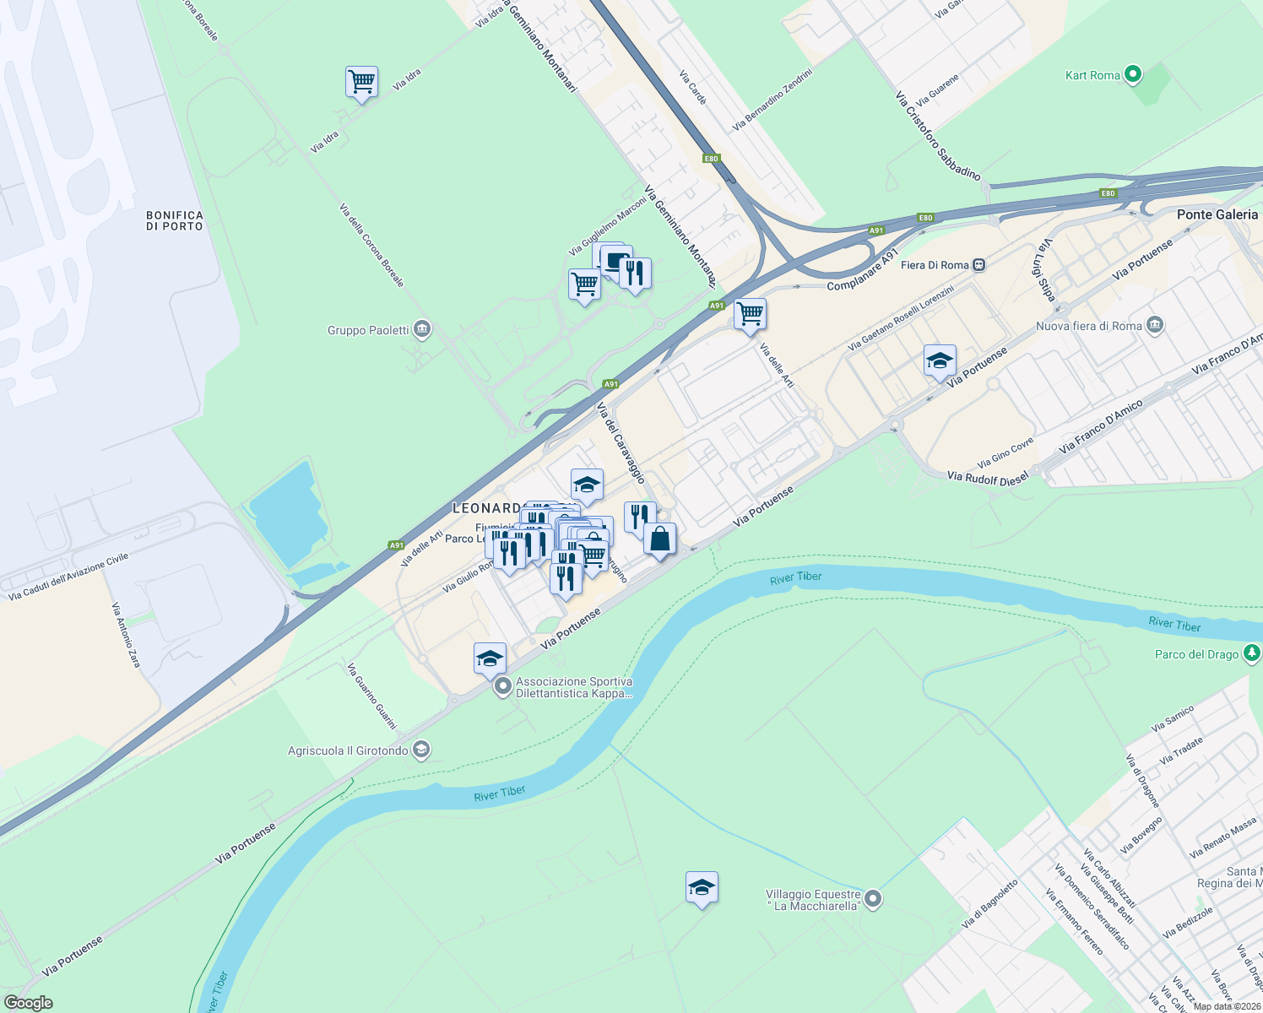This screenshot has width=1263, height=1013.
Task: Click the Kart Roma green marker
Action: pos(1133,75)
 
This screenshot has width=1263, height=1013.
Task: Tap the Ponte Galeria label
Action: pos(1217,214)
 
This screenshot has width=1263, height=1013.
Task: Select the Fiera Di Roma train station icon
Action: pos(978,265)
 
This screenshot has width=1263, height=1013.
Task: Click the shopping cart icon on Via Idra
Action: pos(361,82)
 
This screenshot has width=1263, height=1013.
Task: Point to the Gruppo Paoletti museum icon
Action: pos(422,330)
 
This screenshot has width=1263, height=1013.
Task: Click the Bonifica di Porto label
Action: pos(175,221)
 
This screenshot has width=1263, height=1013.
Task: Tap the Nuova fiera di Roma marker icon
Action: pos(1155,326)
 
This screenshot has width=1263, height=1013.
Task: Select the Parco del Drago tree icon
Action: pos(1251,653)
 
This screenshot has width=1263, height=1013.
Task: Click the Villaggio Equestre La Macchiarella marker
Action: pos(874,900)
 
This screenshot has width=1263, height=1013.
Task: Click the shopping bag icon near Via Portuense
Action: pos(659,539)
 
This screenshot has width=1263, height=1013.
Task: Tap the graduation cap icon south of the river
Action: pos(702,887)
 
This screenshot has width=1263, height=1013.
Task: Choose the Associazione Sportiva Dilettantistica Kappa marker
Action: pos(503,687)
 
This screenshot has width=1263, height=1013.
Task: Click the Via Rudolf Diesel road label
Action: pos(988,478)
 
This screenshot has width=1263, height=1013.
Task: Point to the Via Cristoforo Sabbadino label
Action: pos(938,136)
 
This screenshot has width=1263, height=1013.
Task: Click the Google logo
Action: pos(29,1002)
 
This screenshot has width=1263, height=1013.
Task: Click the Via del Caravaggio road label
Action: pos(621,442)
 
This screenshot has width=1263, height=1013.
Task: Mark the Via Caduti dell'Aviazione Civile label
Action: pos(68,577)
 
